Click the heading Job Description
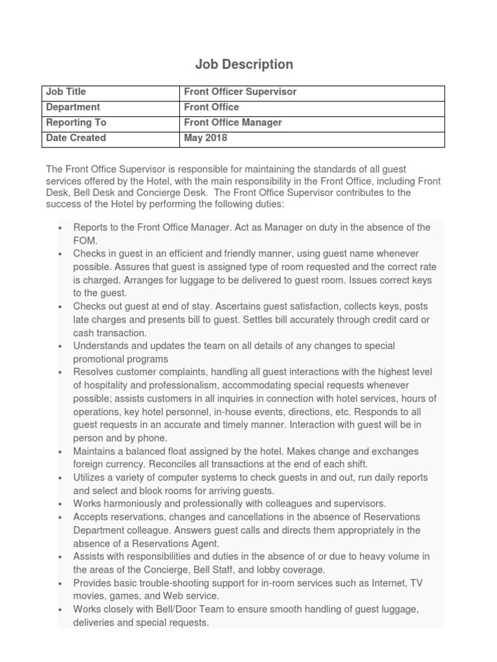pos(245,64)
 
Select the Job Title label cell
pos(66,92)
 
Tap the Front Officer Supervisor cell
pos(240,92)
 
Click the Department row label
pos(73,107)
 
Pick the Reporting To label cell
pos(76,123)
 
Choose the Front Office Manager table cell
pos(233,123)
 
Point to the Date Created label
pos(76,138)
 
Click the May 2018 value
pos(206,138)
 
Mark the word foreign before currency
pos(89,464)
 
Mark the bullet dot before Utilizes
pos(60,478)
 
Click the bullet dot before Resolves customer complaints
pos(60,373)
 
